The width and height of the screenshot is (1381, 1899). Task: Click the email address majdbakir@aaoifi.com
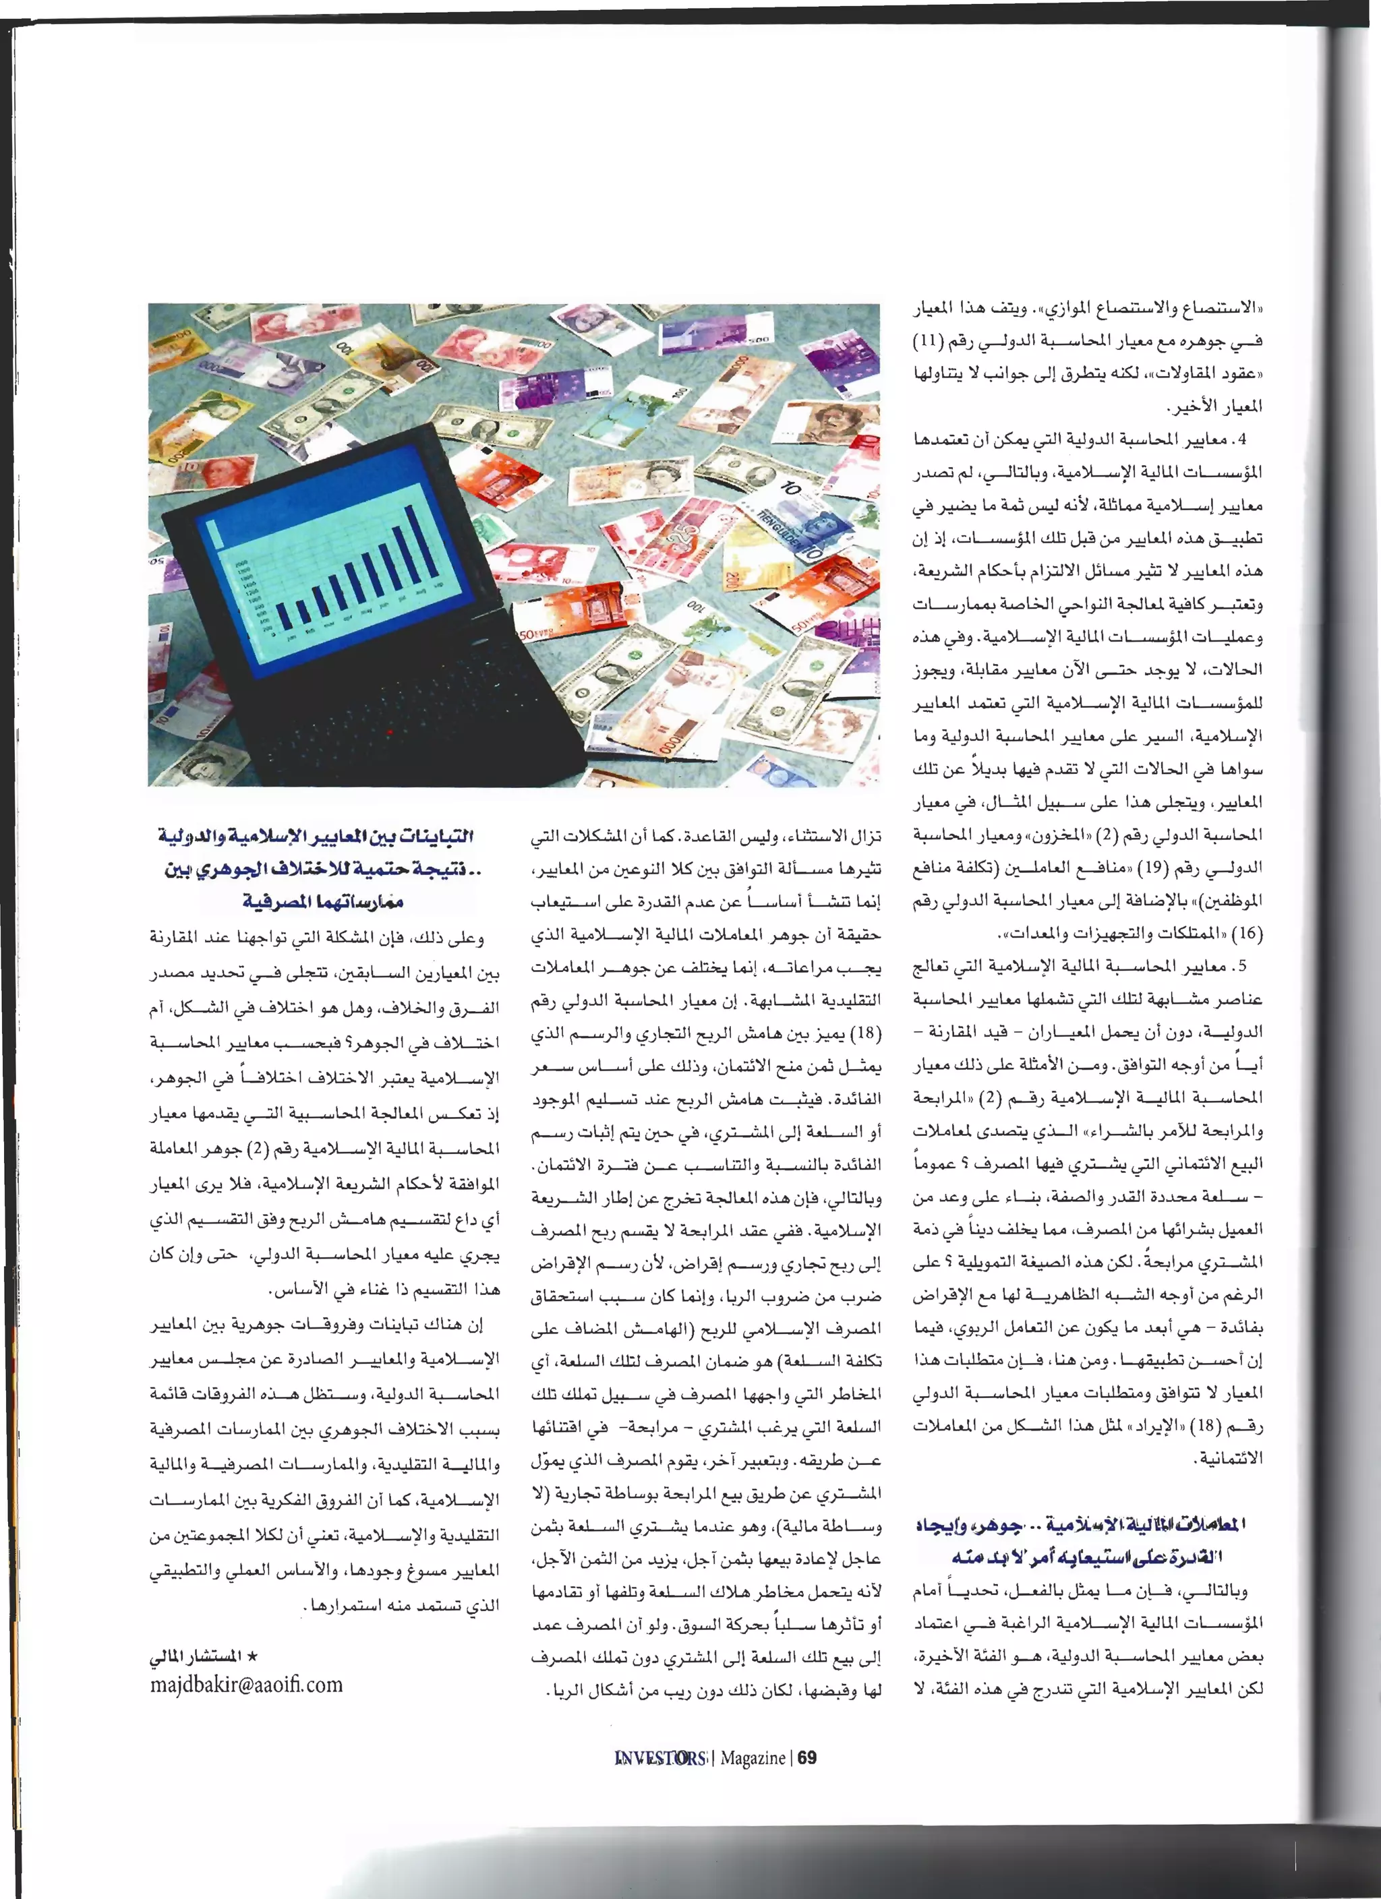[246, 1685]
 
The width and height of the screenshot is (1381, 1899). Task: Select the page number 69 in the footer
[806, 1757]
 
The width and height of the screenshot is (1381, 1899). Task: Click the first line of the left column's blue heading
[316, 837]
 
